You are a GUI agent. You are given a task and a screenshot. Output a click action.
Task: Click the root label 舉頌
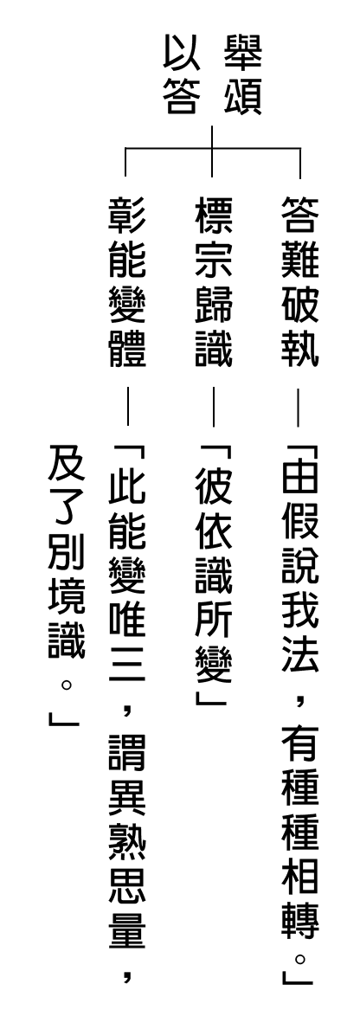(x=242, y=74)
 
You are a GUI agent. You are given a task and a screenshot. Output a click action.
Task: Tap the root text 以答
(x=182, y=74)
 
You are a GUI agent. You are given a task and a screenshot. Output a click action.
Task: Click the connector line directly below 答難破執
(x=299, y=407)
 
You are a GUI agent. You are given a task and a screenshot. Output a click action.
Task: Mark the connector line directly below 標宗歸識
(x=213, y=407)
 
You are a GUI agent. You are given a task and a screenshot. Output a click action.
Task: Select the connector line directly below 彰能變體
(x=127, y=407)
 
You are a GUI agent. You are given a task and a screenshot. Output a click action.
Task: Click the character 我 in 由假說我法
(x=299, y=608)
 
